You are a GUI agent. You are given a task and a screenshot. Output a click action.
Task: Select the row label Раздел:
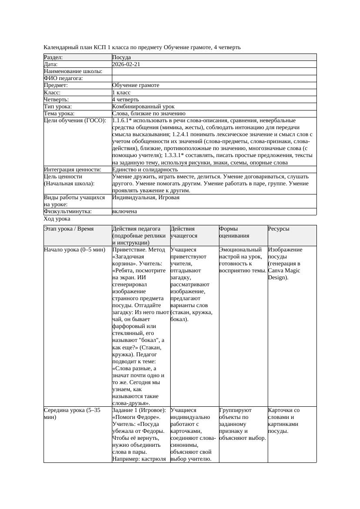coord(54,57)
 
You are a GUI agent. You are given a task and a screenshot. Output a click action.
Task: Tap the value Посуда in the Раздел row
coord(121,57)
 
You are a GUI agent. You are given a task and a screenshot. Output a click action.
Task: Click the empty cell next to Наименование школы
coord(214,71)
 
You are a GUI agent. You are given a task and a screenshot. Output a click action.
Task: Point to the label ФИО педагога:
coord(64,78)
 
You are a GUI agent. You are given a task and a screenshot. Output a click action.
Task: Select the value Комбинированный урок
coord(143,106)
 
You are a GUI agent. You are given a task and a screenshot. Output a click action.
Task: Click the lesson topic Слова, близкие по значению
coord(149,113)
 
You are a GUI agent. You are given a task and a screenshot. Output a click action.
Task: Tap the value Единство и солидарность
coord(145,169)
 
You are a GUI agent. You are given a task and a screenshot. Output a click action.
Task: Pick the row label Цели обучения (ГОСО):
coord(75,120)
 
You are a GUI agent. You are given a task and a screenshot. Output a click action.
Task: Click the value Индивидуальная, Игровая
coord(146,198)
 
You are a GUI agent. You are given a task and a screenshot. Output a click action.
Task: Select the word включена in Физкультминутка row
coord(124,211)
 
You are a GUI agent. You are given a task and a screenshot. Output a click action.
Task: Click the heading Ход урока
coord(57,219)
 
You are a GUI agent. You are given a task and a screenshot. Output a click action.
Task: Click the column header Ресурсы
coord(279,229)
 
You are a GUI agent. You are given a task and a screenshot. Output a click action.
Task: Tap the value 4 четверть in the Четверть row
coord(126,99)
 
